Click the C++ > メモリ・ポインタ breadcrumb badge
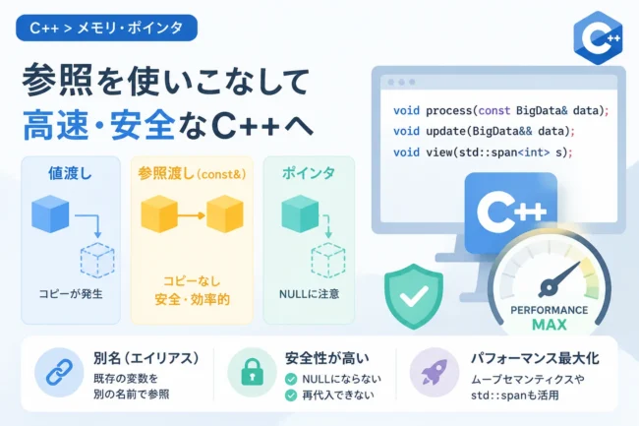pos(106,28)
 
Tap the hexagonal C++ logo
pos(598,38)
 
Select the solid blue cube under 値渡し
pos(50,214)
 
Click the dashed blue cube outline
pos(97,261)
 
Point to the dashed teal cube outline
pos(328,261)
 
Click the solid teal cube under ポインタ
pos(300,214)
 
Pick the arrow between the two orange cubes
pos(191,215)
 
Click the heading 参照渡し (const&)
pos(192,174)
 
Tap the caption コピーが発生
pos(71,294)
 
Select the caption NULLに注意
pos(309,294)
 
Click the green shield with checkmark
pos(414,296)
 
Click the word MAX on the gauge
pos(550,325)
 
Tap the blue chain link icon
pos(59,372)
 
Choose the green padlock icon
pos(252,372)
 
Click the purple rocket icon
pos(435,372)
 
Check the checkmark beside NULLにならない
pos(291,379)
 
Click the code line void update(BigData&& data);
pos(484,131)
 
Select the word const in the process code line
pos(494,111)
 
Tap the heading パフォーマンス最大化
pos(535,358)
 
